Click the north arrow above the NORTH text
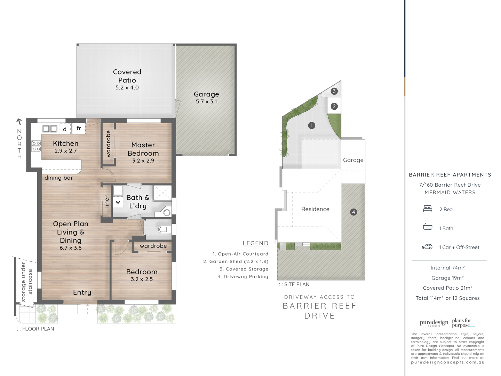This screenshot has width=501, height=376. (x=19, y=122)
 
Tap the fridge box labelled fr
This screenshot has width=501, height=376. (x=79, y=128)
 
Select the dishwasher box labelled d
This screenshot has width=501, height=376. (x=65, y=129)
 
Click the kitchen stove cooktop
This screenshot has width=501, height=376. (x=36, y=146)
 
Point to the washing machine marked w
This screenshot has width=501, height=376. (x=118, y=202)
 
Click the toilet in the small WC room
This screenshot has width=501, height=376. (x=165, y=229)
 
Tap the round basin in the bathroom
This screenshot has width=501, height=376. (x=167, y=213)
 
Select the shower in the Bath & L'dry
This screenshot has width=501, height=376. (x=162, y=193)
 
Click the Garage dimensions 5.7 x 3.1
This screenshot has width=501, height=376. (x=206, y=102)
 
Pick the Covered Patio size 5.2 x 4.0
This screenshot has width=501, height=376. (x=127, y=88)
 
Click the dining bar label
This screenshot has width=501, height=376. (x=59, y=178)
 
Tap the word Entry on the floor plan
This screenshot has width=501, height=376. (x=82, y=292)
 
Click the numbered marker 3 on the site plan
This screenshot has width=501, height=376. (x=334, y=91)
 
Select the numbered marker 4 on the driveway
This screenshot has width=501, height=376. (x=353, y=212)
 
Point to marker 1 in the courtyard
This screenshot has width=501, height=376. (x=311, y=125)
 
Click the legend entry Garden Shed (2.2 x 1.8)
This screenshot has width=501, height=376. (x=236, y=261)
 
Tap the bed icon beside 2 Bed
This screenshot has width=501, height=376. (x=428, y=209)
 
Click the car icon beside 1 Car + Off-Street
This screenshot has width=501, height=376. (x=427, y=247)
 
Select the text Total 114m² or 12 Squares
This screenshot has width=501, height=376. (x=447, y=298)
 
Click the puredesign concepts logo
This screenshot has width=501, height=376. (x=434, y=323)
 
